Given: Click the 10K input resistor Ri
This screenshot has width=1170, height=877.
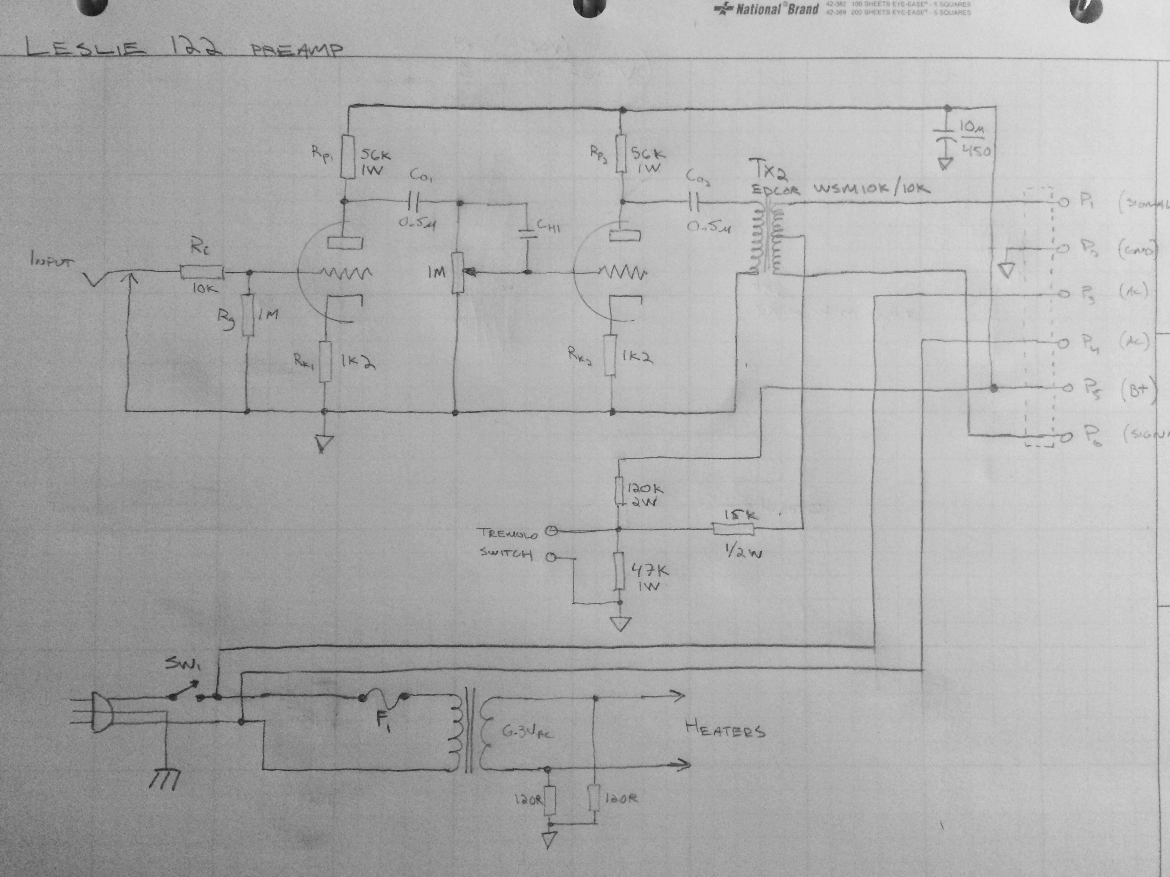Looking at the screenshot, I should pos(201,272).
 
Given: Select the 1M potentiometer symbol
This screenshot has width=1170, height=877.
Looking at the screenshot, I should pos(457,272).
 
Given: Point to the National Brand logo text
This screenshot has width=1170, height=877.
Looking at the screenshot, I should pos(767,9).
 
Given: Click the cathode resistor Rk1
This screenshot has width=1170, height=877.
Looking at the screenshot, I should pos(325,361).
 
